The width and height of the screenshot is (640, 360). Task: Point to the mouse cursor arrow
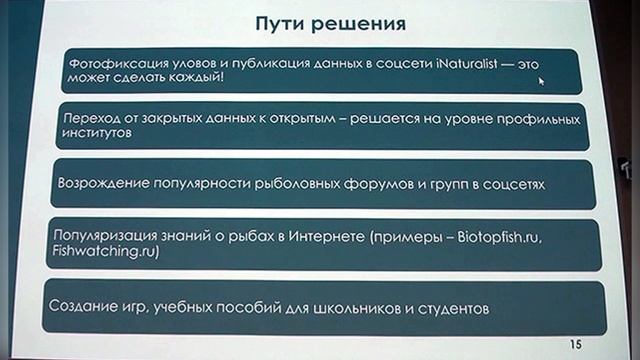pos(542,80)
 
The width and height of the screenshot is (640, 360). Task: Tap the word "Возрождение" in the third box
pos(104,186)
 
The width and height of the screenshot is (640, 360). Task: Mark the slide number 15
pos(574,343)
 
